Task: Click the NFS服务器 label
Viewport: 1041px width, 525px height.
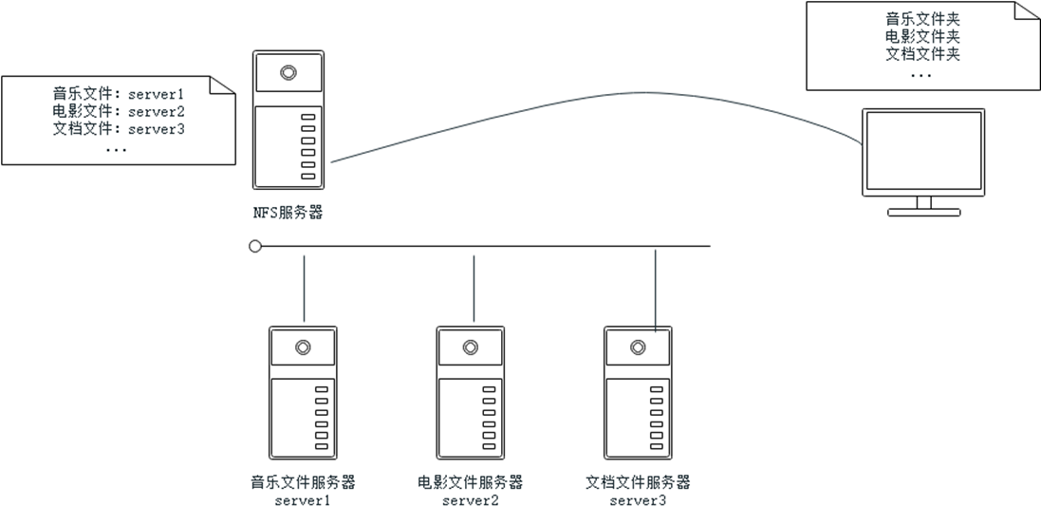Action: click(x=288, y=213)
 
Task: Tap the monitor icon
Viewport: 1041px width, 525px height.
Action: click(x=922, y=153)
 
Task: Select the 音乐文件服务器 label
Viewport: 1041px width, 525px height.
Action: click(x=303, y=482)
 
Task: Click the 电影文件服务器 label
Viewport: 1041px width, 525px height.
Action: click(x=470, y=482)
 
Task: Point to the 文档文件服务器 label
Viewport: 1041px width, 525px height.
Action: click(x=638, y=482)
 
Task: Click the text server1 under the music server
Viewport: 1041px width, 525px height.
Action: click(x=303, y=500)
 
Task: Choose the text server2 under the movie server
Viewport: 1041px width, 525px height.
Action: click(x=470, y=500)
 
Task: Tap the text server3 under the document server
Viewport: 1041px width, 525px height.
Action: click(x=638, y=500)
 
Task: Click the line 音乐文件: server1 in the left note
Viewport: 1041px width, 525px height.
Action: click(x=118, y=94)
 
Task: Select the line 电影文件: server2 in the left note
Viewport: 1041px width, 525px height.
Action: click(x=118, y=112)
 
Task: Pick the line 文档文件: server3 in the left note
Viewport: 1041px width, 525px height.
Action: click(x=118, y=129)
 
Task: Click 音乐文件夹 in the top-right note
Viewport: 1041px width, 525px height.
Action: click(x=922, y=19)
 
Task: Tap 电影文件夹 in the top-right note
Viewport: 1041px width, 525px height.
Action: click(x=922, y=37)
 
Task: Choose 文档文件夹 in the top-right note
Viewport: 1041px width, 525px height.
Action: click(x=922, y=54)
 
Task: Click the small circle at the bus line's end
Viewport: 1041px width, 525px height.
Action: click(x=255, y=246)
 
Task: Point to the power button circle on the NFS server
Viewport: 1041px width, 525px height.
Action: click(x=288, y=71)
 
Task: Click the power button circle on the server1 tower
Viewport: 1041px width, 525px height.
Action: click(x=303, y=347)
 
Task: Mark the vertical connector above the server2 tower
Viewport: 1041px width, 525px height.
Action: click(x=474, y=285)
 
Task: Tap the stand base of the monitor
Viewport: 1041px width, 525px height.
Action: click(x=923, y=213)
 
